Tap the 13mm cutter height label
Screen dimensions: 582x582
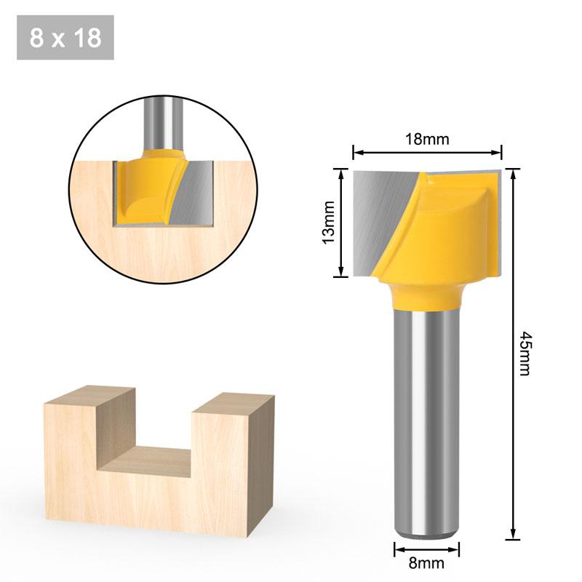point(328,221)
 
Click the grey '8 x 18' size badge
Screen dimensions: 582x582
point(65,38)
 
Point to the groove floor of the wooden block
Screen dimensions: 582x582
point(156,460)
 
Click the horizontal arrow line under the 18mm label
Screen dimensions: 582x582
point(427,153)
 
